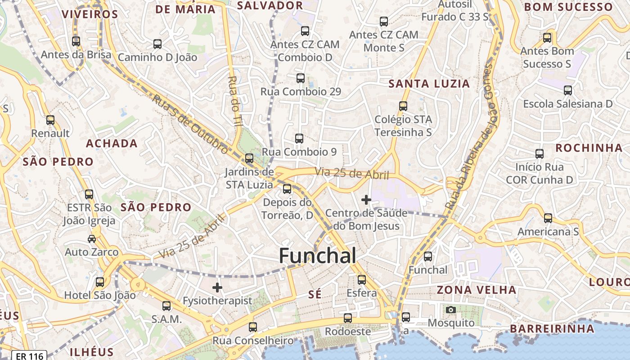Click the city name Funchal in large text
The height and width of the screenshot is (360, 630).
318,256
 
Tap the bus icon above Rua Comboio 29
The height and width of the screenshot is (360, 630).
301,78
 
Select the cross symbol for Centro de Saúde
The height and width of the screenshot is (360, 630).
366,199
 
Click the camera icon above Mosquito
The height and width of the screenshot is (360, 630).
450,310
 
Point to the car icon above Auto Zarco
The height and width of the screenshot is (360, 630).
92,238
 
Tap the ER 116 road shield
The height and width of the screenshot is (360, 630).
30,356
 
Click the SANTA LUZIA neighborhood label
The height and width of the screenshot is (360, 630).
429,84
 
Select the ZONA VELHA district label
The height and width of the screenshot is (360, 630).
477,289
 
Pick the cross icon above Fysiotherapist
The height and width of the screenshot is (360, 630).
217,287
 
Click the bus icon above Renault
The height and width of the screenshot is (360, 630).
50,120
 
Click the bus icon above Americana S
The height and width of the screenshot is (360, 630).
548,218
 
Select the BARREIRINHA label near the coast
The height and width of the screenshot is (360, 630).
552,329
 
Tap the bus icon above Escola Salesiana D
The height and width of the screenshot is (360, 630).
568,90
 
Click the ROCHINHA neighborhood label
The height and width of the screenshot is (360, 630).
589,148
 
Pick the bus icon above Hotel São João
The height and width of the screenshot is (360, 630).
100,282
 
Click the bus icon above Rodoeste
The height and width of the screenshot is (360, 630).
348,318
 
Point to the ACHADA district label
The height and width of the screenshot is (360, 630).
112,144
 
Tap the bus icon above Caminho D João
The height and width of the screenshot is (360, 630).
157,44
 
